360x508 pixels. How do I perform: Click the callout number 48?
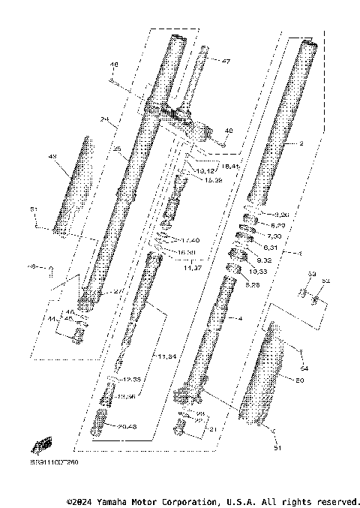coord(114,65)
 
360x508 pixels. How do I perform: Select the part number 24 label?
coord(104,119)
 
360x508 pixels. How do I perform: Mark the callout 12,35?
coord(132,380)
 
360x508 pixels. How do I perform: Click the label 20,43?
coord(129,426)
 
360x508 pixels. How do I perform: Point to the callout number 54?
coord(304,368)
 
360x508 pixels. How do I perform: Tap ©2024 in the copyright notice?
coord(82,500)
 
